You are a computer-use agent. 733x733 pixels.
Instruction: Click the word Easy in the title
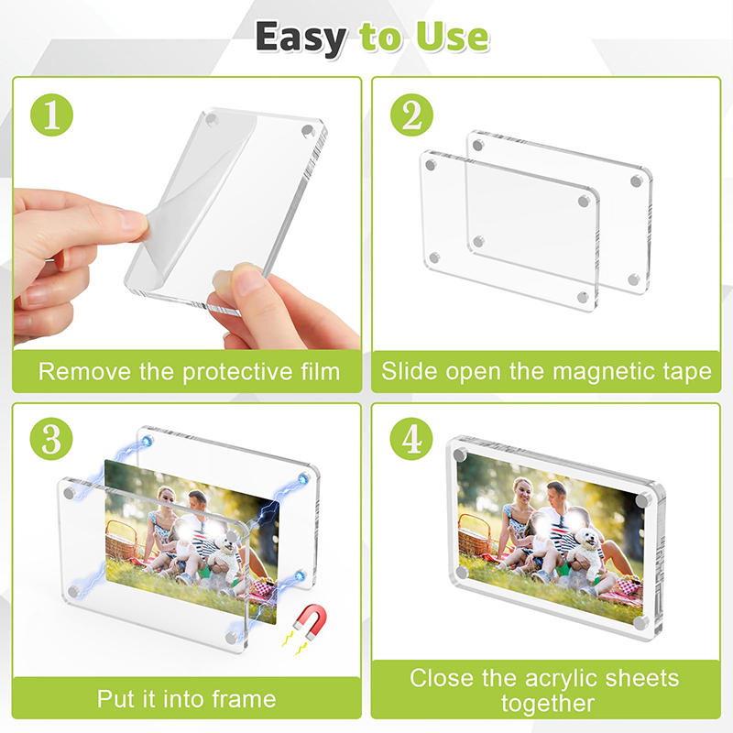pyautogui.click(x=301, y=38)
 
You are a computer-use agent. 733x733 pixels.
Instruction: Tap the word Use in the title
pyautogui.click(x=453, y=37)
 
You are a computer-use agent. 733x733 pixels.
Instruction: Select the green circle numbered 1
pyautogui.click(x=51, y=115)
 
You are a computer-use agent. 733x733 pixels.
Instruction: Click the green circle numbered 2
pyautogui.click(x=411, y=115)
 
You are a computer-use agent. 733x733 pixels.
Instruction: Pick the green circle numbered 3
pyautogui.click(x=51, y=439)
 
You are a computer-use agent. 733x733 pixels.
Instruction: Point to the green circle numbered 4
pyautogui.click(x=411, y=439)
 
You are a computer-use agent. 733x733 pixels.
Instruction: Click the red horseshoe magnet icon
pyautogui.click(x=311, y=620)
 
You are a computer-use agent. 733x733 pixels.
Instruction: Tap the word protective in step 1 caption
pyautogui.click(x=237, y=373)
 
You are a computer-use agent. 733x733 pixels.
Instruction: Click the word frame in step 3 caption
pyautogui.click(x=244, y=699)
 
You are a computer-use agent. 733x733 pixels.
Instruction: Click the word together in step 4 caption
pyautogui.click(x=547, y=704)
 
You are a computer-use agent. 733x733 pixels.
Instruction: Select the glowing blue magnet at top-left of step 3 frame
pyautogui.click(x=147, y=442)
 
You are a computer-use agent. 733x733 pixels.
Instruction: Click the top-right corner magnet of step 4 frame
pyautogui.click(x=643, y=500)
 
